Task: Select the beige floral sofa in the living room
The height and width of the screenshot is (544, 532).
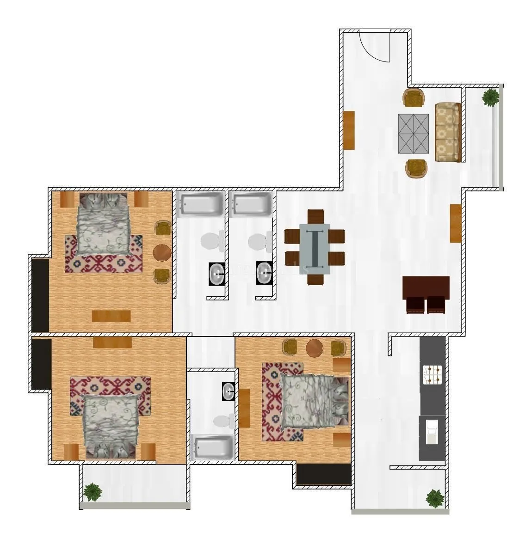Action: tap(447, 132)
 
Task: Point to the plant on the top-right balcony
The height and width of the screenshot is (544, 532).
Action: tap(490, 98)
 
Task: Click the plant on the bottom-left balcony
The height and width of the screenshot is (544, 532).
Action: tap(93, 491)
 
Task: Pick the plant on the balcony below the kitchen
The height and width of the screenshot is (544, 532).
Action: tap(434, 498)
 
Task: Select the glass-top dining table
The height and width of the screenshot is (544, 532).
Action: tap(315, 249)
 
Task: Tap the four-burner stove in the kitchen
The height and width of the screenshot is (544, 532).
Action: tap(433, 375)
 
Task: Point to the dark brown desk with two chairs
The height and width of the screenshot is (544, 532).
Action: tap(426, 294)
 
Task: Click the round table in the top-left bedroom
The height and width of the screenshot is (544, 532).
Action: tap(162, 252)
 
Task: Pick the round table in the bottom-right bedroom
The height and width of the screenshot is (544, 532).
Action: tap(315, 348)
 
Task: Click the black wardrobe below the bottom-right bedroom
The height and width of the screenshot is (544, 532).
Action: tap(324, 475)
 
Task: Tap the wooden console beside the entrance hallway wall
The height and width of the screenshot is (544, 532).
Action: tap(349, 130)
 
